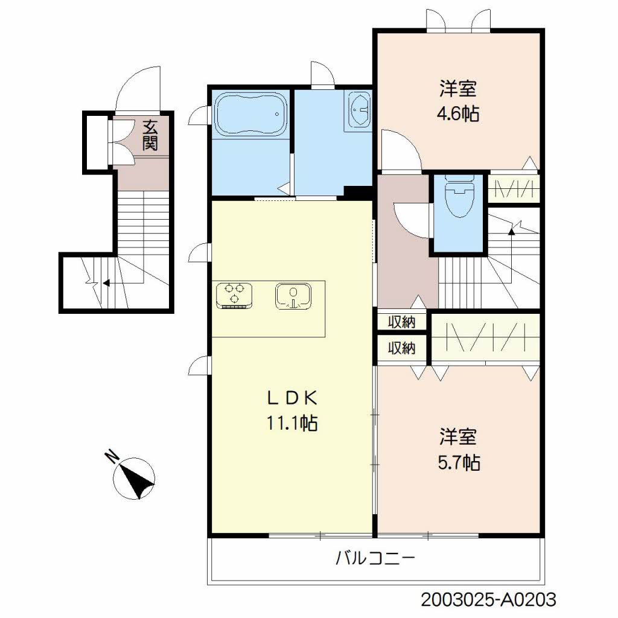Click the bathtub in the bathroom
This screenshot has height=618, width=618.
pos(250,114)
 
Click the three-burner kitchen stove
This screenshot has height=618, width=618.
pos(234,295)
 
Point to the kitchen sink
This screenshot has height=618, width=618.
pos(293,295)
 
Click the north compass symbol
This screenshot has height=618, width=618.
pos(134,478)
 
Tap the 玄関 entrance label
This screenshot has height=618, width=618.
pos(150,135)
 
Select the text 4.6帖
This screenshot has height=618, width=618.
pos(458,114)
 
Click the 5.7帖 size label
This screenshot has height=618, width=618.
pos(459,462)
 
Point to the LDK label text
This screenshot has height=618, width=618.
pos(292,399)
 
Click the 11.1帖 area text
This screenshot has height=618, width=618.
pos(292,423)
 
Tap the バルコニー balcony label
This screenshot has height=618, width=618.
pos(375,558)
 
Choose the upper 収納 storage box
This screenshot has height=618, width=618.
pos(401,322)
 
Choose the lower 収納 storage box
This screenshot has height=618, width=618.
pos(401,348)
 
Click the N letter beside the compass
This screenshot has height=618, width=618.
pos(112,456)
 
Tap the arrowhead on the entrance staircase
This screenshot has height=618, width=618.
pos(106,282)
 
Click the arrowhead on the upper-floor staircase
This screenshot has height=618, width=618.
pos(512,232)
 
